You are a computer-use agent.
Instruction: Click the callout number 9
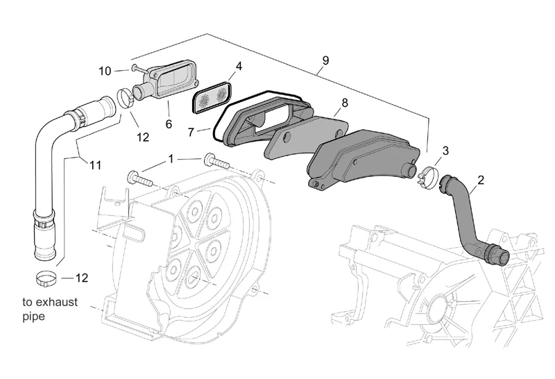[x=325, y=60]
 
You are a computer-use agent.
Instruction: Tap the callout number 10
[x=105, y=71]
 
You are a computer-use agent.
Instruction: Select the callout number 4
[x=239, y=66]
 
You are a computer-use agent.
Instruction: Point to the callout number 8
[x=344, y=103]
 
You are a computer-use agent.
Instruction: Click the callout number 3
[x=445, y=151]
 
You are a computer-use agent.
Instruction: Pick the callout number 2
[x=480, y=180]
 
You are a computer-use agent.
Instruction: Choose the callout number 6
[x=169, y=124]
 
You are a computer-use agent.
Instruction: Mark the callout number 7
[x=191, y=132]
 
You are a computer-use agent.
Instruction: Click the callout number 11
[x=95, y=165]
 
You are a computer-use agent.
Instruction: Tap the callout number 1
[x=171, y=159]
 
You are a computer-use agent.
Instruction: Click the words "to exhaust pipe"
[x=50, y=309]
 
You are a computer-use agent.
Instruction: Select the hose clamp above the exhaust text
[x=46, y=279]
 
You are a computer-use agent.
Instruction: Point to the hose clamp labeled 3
[x=428, y=175]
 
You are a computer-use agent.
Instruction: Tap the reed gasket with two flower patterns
[x=212, y=98]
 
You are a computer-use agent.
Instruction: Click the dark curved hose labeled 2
[x=471, y=219]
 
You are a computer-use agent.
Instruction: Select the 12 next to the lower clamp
[x=81, y=278]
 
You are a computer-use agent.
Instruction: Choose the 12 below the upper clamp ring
[x=143, y=137]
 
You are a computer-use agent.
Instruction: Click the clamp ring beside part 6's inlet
[x=126, y=98]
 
